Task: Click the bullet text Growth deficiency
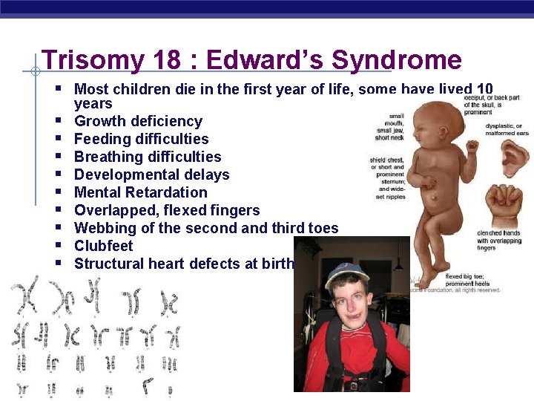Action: coord(138,121)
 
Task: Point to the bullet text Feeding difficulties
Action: coord(141,139)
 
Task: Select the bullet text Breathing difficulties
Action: coord(148,157)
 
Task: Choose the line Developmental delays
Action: coord(151,175)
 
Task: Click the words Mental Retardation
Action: coord(141,192)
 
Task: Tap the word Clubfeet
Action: coord(104,246)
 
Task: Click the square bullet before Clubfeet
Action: coord(57,246)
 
